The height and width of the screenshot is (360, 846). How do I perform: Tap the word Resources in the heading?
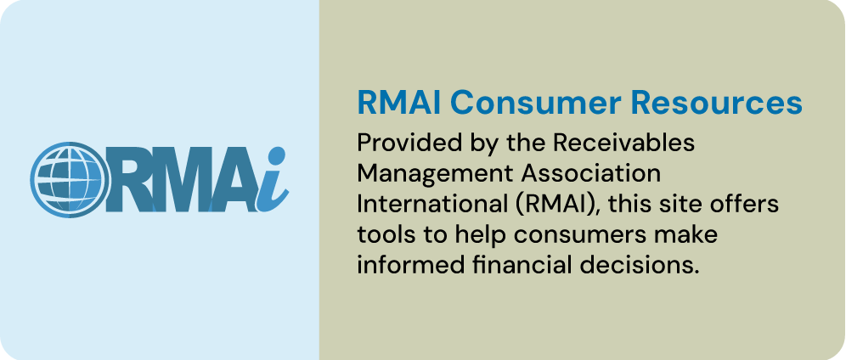click(x=717, y=103)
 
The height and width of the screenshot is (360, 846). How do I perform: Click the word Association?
click(x=586, y=174)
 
